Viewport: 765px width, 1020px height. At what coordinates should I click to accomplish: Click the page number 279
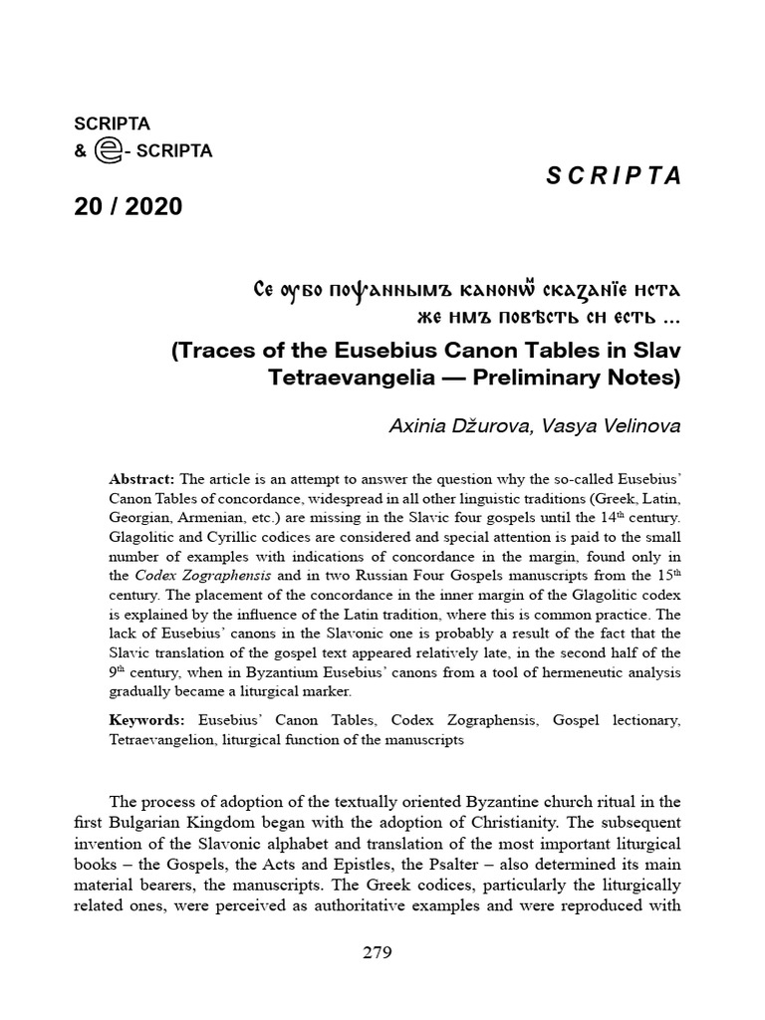coord(378,953)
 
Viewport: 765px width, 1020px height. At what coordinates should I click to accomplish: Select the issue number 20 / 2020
coord(128,207)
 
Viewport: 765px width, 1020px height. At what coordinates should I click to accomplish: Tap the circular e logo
coord(107,150)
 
